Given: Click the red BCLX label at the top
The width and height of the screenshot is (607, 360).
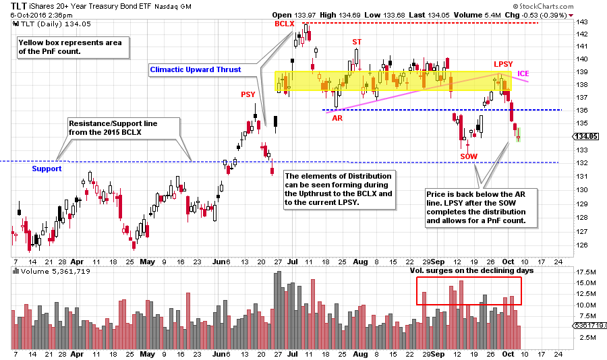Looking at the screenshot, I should click(x=285, y=24).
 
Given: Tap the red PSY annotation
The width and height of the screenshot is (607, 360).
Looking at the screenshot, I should click(x=248, y=95).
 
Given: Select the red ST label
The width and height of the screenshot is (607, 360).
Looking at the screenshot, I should click(x=356, y=42).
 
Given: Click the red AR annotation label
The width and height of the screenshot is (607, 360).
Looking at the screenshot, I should click(x=337, y=117).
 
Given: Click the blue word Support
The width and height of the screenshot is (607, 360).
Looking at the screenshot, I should click(x=47, y=169).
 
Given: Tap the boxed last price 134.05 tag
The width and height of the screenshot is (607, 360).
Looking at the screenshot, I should click(x=585, y=136).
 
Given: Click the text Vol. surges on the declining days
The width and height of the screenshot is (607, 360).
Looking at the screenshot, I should click(x=471, y=270).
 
